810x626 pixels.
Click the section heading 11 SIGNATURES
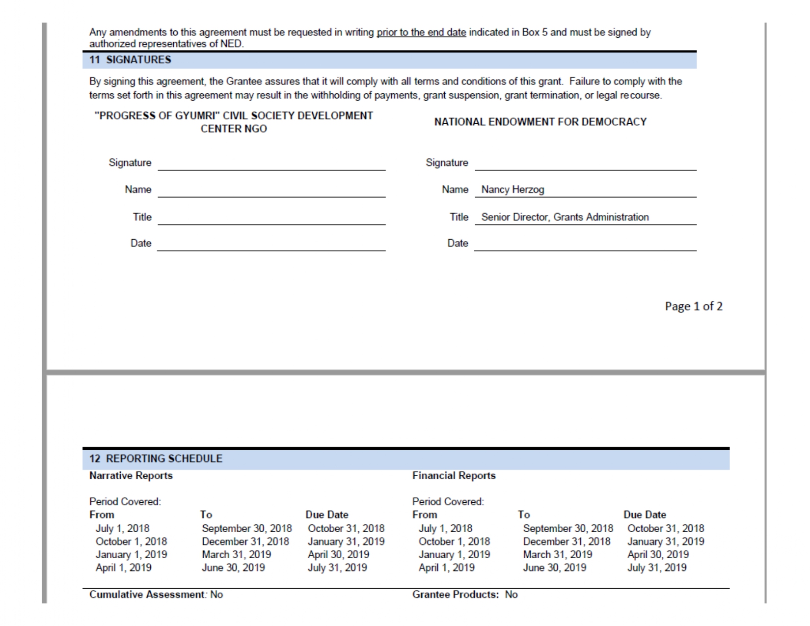pyautogui.click(x=130, y=60)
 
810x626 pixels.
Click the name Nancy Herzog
pyautogui.click(x=513, y=190)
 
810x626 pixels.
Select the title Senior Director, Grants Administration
pyautogui.click(x=565, y=217)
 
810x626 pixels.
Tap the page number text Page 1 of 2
pyautogui.click(x=693, y=306)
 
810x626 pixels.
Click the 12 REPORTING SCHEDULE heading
pyautogui.click(x=156, y=459)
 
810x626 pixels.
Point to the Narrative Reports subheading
pyautogui.click(x=131, y=476)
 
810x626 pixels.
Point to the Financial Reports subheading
pyautogui.click(x=454, y=476)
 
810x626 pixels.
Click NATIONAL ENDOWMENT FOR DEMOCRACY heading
pyautogui.click(x=540, y=122)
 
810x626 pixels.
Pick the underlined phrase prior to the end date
pyautogui.click(x=421, y=32)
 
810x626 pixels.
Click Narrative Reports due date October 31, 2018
pyautogui.click(x=346, y=529)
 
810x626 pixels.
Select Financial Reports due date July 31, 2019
pyautogui.click(x=657, y=568)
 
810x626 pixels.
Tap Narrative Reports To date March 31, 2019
pyautogui.click(x=236, y=555)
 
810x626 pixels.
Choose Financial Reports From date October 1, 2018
pyautogui.click(x=454, y=542)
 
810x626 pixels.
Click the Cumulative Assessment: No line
pyautogui.click(x=156, y=595)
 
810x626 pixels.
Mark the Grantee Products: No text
pyautogui.click(x=465, y=595)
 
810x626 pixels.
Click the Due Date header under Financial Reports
pyautogui.click(x=645, y=515)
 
